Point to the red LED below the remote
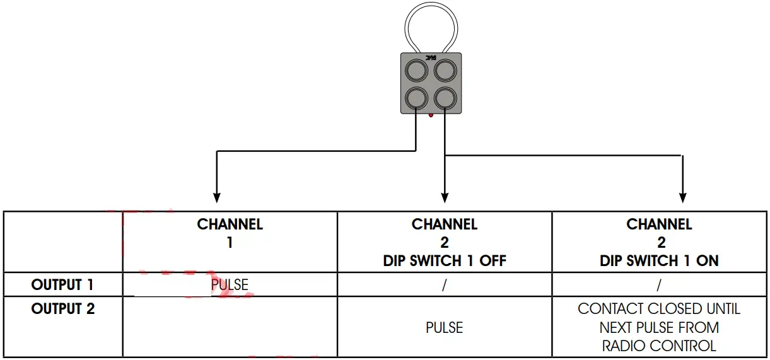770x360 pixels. click(x=431, y=115)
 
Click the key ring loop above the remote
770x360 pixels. click(x=431, y=25)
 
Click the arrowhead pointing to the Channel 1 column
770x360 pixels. click(x=217, y=197)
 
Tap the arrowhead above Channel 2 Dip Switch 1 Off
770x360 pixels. click(x=445, y=197)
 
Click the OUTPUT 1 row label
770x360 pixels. click(x=62, y=285)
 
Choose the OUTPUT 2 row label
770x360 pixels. click(x=62, y=309)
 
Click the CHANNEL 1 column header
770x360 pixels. click(x=230, y=233)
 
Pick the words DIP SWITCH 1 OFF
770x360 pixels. click(x=445, y=261)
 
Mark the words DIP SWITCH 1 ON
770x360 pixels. click(x=659, y=261)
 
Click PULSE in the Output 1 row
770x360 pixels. click(x=230, y=285)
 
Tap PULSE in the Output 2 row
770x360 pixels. click(x=445, y=328)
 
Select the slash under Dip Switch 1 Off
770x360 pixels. click(x=445, y=285)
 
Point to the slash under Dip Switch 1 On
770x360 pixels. click(x=659, y=285)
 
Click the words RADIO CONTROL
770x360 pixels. click(x=659, y=346)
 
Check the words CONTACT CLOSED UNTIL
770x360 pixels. click(x=659, y=309)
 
